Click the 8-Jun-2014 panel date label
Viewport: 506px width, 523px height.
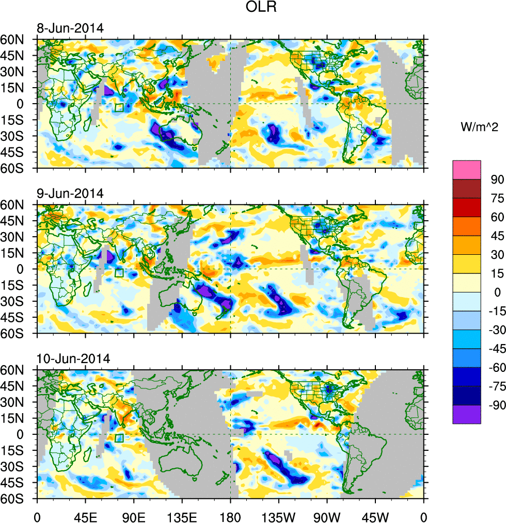tap(70, 28)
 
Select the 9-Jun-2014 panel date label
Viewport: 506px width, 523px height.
tap(70, 194)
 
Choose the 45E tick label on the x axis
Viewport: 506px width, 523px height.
tap(85, 515)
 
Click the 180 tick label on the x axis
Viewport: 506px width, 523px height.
tap(230, 515)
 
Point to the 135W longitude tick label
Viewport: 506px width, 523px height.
tap(278, 515)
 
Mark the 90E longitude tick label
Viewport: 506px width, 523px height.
tap(134, 515)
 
